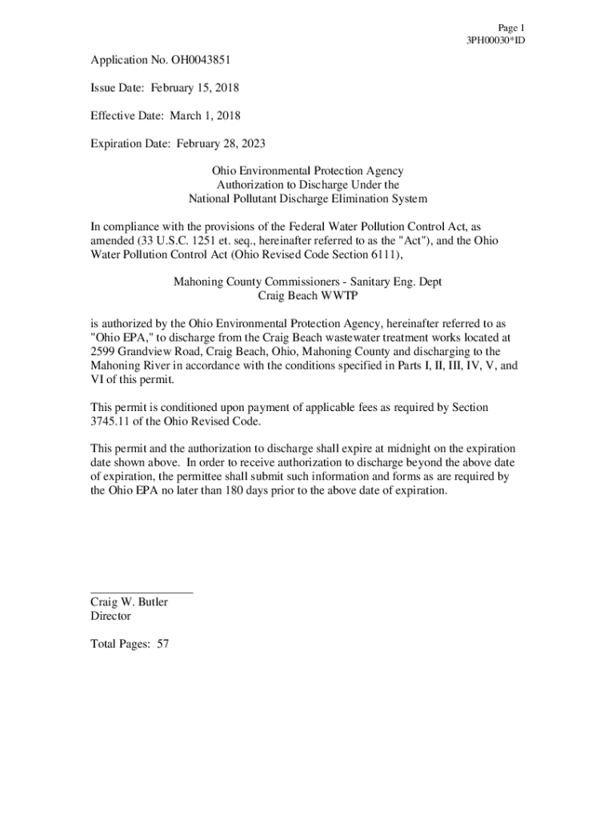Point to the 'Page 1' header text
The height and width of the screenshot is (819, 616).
coord(510,27)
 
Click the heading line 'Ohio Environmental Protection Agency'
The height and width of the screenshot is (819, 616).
coord(307,171)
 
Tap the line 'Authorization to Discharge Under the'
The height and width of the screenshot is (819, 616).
coord(307,185)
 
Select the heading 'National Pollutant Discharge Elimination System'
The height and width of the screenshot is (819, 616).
coord(307,198)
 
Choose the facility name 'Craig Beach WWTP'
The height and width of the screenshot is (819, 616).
coord(307,296)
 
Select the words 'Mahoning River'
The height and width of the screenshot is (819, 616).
coord(128,366)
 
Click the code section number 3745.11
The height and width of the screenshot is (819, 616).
coord(114,421)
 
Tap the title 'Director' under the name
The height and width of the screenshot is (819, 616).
coord(111,616)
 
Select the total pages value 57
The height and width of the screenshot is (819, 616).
coord(162,644)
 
